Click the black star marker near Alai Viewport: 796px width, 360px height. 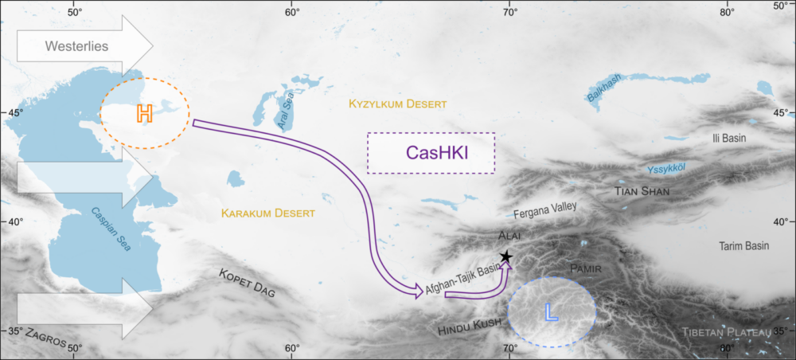tap(505, 256)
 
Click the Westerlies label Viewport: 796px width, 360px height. tap(76, 46)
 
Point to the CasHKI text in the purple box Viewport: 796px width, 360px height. tap(431, 153)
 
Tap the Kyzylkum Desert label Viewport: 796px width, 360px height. tap(398, 104)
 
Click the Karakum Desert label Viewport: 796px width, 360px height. tap(268, 213)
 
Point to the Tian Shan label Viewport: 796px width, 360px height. tap(642, 192)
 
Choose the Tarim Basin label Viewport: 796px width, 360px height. tap(743, 246)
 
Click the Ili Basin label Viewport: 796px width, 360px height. tap(728, 138)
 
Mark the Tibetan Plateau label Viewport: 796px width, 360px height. tap(727, 331)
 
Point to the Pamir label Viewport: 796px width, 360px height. tap(588, 270)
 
